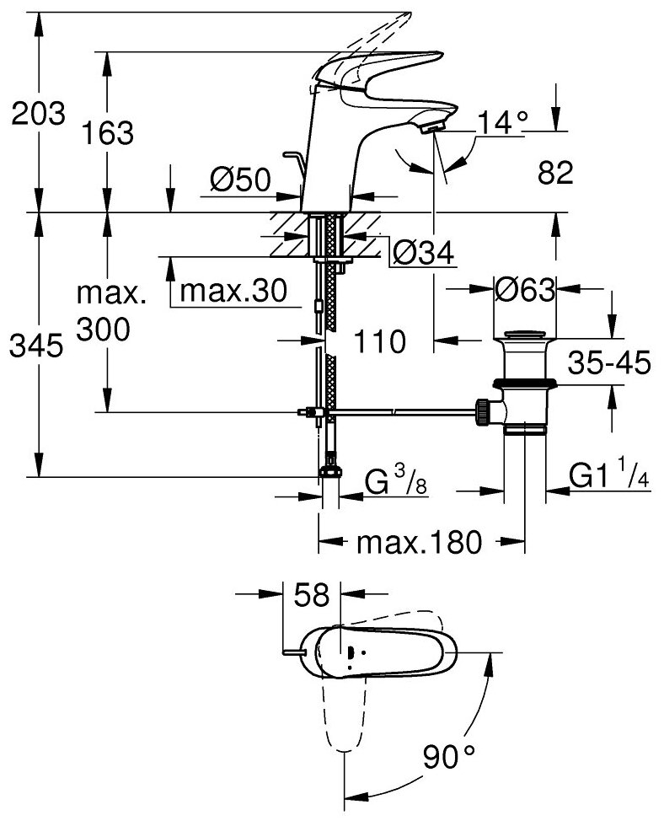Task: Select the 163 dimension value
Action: click(109, 132)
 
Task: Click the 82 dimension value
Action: click(554, 173)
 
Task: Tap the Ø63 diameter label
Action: click(523, 291)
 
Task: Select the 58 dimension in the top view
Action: click(311, 596)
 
